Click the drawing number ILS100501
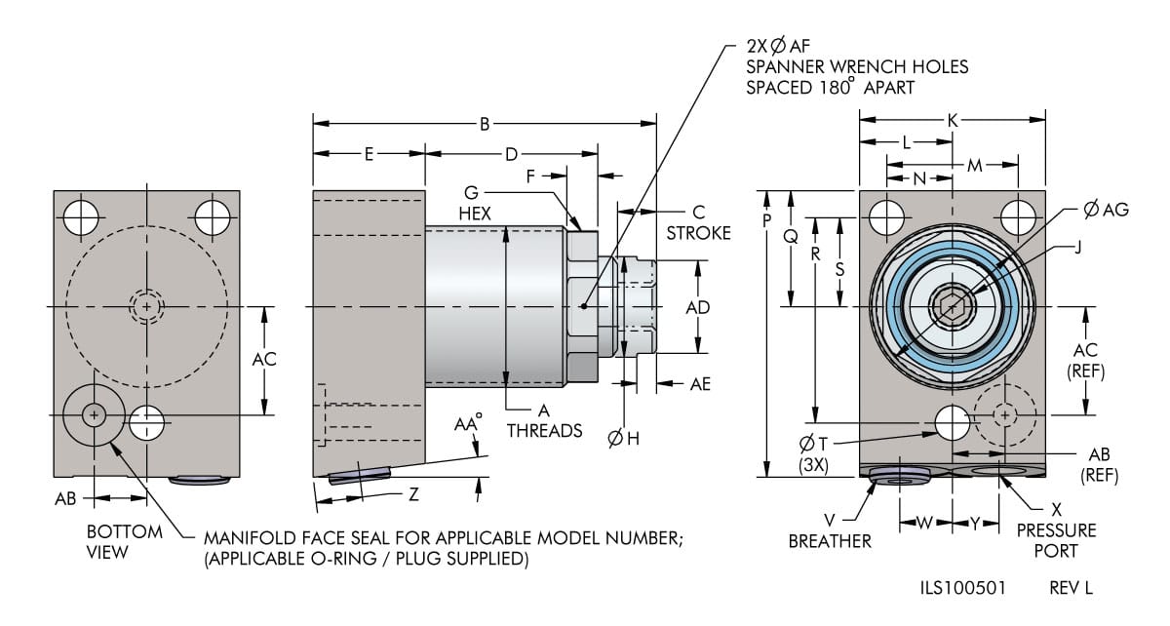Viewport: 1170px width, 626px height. [962, 589]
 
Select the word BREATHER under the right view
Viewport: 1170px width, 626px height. [830, 541]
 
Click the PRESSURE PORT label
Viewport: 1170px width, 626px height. [1056, 541]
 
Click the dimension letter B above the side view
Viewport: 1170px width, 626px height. [484, 124]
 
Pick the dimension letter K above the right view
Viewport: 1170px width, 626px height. [953, 120]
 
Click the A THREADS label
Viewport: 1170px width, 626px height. [545, 420]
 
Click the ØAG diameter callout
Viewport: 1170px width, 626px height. [1106, 210]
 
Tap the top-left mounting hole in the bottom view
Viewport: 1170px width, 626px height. [81, 217]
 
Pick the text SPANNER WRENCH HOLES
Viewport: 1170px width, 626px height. [857, 66]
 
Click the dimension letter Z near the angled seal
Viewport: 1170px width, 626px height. [413, 494]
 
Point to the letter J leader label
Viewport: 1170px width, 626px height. [1077, 247]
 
